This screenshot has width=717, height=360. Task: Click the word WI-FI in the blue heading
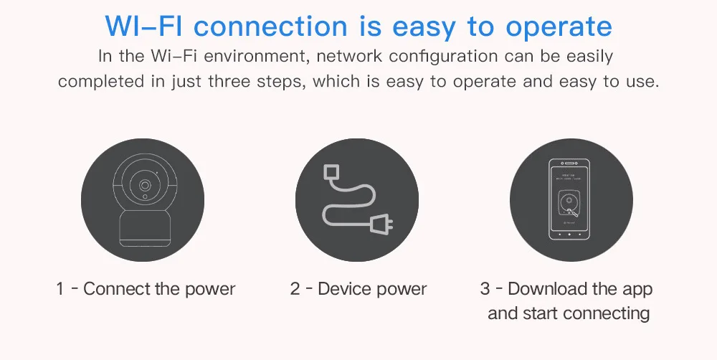(143, 27)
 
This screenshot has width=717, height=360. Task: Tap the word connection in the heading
(271, 27)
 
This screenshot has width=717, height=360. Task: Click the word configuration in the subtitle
(443, 56)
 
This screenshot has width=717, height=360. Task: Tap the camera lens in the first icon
(145, 185)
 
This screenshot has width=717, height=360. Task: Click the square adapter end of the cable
(330, 172)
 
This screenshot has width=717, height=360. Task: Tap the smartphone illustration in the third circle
(569, 199)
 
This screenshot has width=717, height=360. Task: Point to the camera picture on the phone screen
(569, 204)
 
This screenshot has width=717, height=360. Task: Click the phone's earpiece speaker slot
(570, 164)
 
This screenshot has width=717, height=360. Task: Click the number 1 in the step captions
(60, 289)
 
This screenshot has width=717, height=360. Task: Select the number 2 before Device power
(295, 289)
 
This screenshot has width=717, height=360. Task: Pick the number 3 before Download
(485, 289)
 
